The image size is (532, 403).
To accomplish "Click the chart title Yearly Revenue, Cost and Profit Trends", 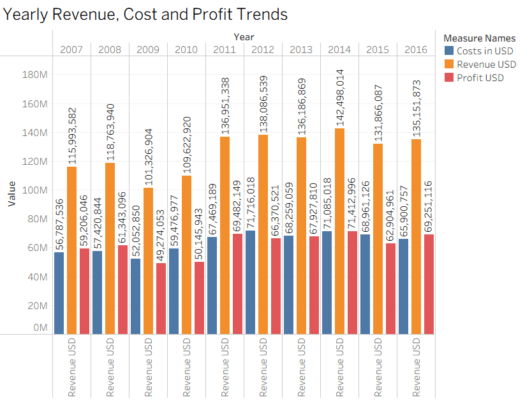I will (146, 14).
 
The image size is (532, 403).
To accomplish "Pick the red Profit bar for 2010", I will (199, 298).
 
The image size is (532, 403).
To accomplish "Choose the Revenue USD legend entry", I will (487, 65).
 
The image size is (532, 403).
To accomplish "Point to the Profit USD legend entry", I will (480, 78).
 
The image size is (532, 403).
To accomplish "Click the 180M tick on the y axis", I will (34, 75).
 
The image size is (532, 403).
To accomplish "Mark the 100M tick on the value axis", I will (34, 190).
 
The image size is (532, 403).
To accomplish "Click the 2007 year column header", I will (71, 49).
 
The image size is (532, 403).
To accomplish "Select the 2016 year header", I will (416, 49).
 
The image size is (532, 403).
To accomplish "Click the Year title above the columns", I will (244, 37).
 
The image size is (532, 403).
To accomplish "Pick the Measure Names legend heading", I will (479, 38).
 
